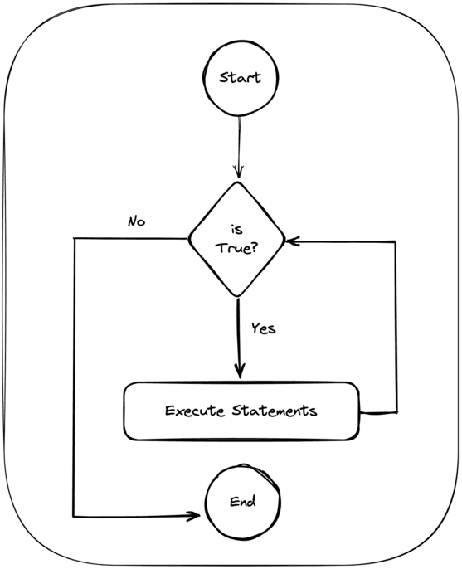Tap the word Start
[x=239, y=78]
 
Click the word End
[x=241, y=502]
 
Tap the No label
[x=137, y=221]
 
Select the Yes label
[x=263, y=328]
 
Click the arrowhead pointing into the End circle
[x=194, y=516]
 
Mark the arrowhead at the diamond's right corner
[x=291, y=241]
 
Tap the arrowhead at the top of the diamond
[x=239, y=172]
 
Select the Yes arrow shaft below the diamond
[x=240, y=336]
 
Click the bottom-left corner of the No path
[x=75, y=515]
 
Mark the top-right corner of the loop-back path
[x=395, y=242]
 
